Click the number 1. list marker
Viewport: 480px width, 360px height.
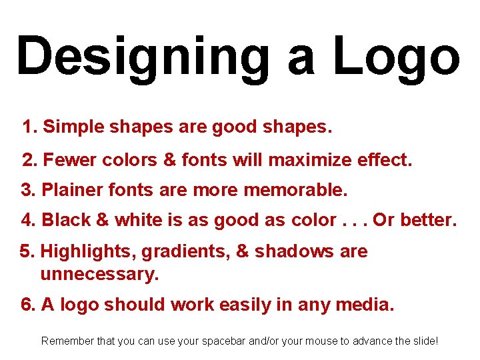coord(29,127)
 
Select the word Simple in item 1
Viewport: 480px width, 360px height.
coord(71,127)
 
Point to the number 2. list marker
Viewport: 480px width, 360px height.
coord(29,160)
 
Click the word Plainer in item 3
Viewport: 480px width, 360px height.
coord(70,191)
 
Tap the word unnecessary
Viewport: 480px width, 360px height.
coord(99,274)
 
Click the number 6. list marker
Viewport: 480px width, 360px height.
coord(28,305)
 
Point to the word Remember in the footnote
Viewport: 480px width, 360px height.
coord(68,341)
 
